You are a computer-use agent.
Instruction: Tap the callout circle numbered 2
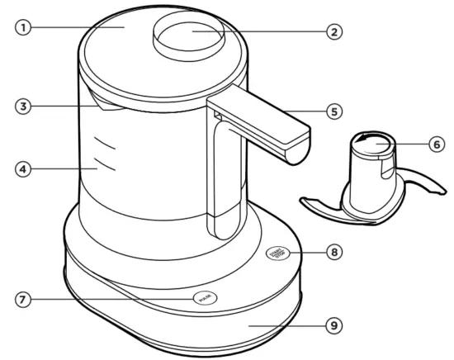[333, 32]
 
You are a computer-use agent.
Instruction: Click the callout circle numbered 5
[333, 110]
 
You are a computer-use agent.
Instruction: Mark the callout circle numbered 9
[333, 325]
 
